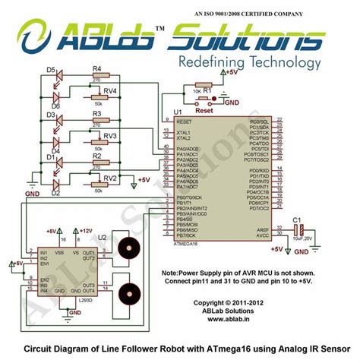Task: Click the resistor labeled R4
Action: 96,77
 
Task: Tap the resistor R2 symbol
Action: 96,163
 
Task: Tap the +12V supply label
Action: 85,229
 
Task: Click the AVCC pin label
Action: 261,235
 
